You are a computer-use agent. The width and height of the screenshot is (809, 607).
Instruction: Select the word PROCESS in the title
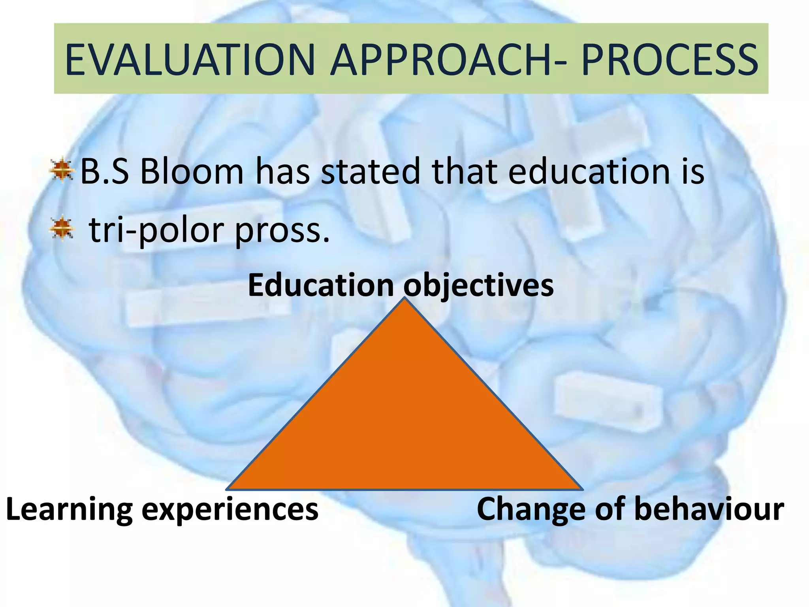(x=670, y=60)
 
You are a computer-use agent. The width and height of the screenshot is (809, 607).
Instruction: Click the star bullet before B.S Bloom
(x=62, y=170)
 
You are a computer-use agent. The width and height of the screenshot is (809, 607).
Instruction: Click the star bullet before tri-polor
(x=62, y=228)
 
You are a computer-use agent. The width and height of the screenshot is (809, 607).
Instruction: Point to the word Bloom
(x=192, y=172)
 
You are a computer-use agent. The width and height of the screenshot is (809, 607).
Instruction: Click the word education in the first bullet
(x=589, y=172)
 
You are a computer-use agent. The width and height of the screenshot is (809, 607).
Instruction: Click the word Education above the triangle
(x=321, y=285)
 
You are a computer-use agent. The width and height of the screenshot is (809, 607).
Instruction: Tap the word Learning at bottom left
(x=70, y=510)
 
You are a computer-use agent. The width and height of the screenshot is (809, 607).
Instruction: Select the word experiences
(x=230, y=510)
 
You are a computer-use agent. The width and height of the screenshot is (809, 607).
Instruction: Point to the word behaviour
(x=709, y=509)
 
